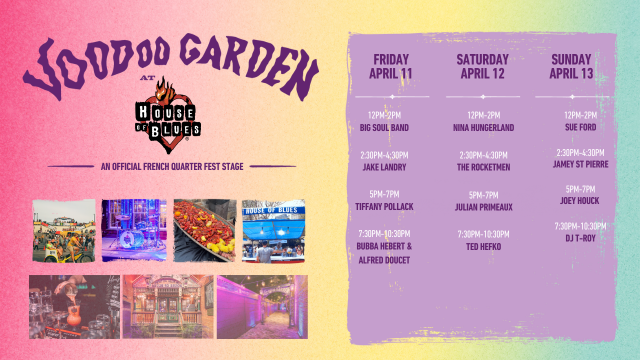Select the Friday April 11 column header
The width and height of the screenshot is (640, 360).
tap(391, 66)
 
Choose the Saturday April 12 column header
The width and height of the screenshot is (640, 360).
tap(483, 66)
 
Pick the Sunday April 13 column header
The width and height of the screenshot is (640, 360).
tap(573, 66)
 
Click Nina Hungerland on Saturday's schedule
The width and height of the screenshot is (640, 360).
tap(483, 129)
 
